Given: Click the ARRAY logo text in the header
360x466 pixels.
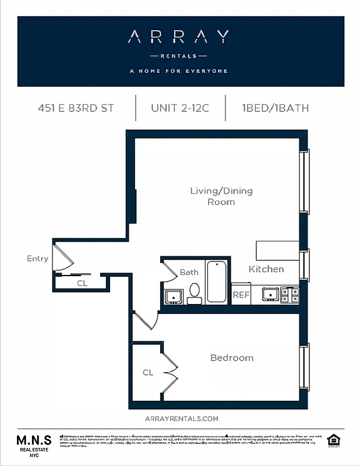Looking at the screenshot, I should (x=178, y=37).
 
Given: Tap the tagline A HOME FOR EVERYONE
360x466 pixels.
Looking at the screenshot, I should (x=178, y=71).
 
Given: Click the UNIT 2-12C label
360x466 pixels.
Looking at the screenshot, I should (x=180, y=108).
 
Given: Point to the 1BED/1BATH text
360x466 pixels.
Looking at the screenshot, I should (x=276, y=108).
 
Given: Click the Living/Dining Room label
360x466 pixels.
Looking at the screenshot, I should (x=221, y=196).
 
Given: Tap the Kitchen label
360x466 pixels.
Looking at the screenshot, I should (x=266, y=269).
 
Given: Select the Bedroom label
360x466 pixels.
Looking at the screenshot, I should (x=232, y=358).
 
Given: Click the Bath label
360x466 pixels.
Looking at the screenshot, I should (x=189, y=272).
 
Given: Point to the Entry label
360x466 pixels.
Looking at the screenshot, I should (x=37, y=259).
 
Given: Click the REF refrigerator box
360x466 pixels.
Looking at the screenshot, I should (x=241, y=295).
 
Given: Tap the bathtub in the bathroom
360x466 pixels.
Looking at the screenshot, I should (x=216, y=282).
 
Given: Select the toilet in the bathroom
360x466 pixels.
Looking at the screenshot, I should (x=195, y=292).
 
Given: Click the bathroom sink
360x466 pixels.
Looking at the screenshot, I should (x=174, y=296).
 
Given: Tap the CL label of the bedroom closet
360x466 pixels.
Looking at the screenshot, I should (x=148, y=372).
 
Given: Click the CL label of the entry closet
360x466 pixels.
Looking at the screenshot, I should (x=82, y=284).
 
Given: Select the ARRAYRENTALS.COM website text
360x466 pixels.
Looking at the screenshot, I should (x=181, y=419).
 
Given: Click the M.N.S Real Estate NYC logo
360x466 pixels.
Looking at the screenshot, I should (x=34, y=446).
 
